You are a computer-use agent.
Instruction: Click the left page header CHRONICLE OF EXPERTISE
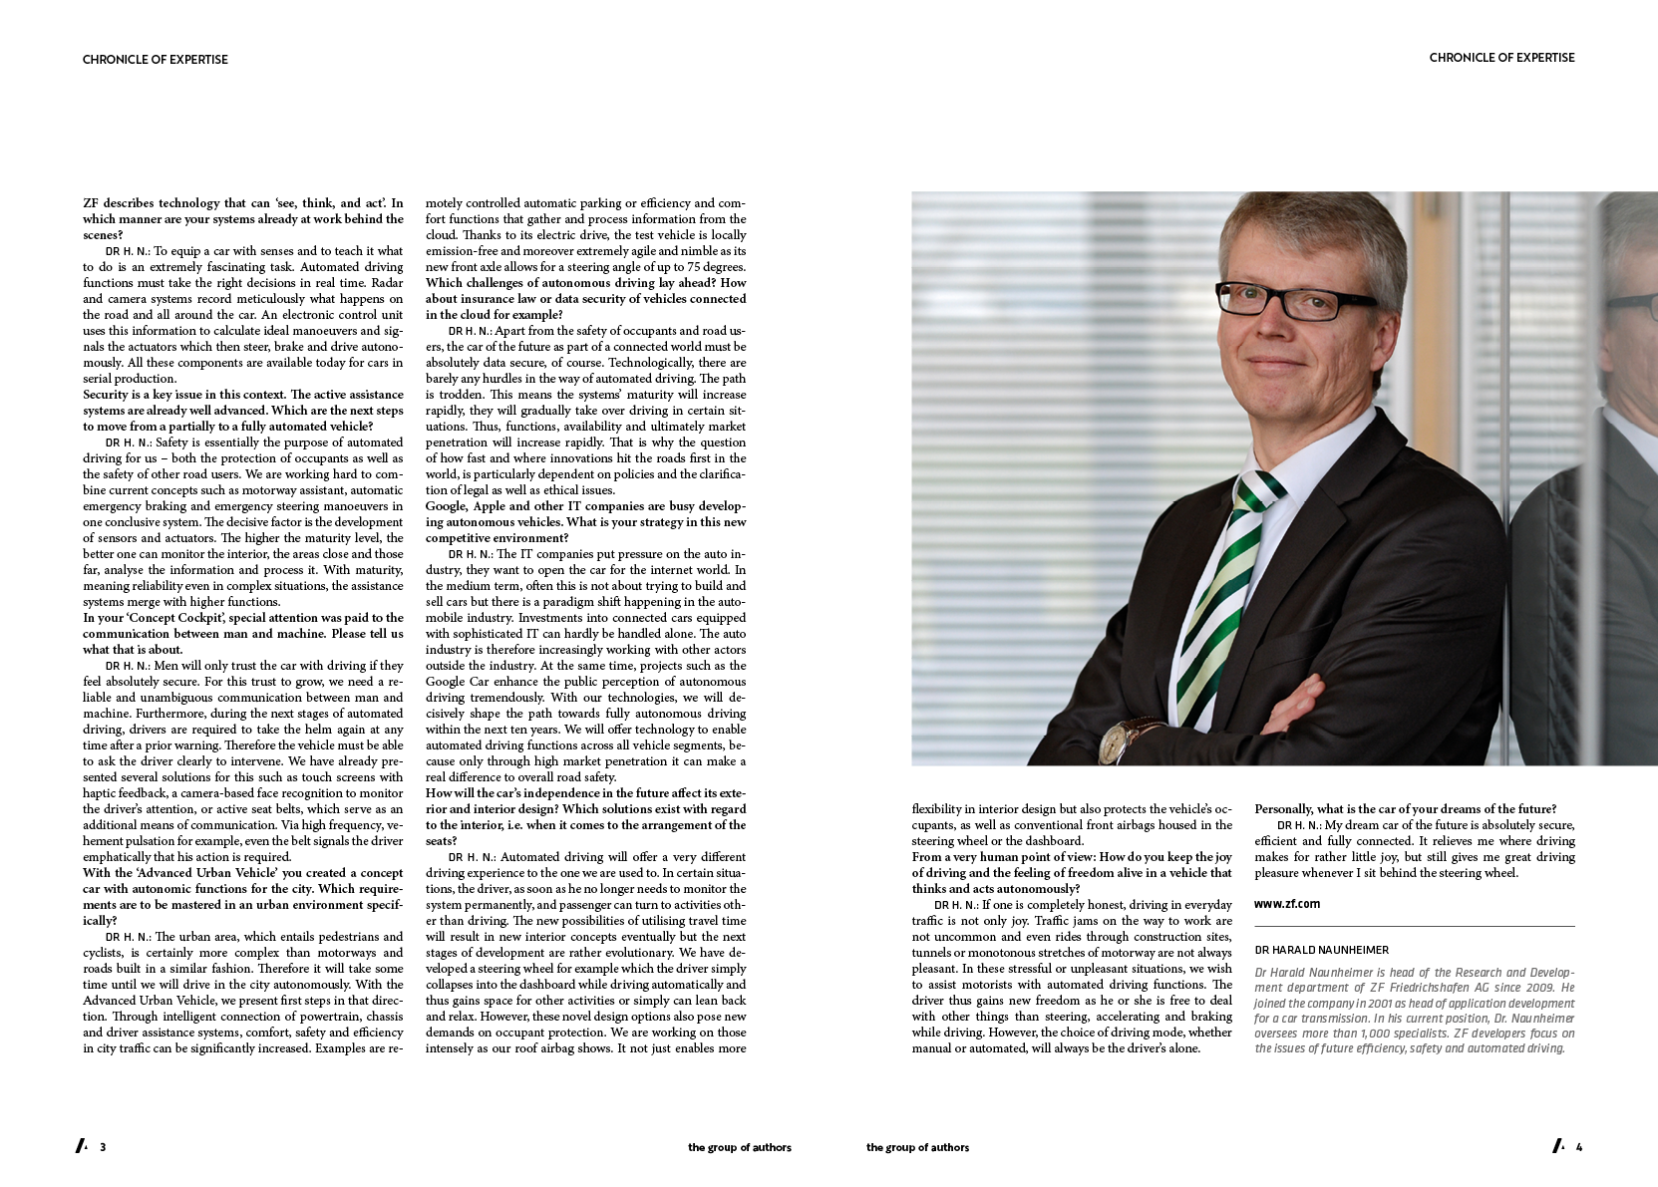[155, 60]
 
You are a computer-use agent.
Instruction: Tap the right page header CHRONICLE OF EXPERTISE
[1501, 58]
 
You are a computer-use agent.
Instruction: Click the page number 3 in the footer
[103, 1147]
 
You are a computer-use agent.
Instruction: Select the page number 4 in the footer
[1578, 1147]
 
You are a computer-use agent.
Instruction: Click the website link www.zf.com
[1286, 904]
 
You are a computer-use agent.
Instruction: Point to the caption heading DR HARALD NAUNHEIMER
[1321, 951]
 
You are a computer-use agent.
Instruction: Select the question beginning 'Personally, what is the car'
[1405, 809]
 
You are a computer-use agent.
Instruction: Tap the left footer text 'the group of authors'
[739, 1148]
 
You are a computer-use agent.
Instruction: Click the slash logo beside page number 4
[1558, 1146]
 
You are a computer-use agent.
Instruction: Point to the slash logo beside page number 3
[82, 1146]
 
